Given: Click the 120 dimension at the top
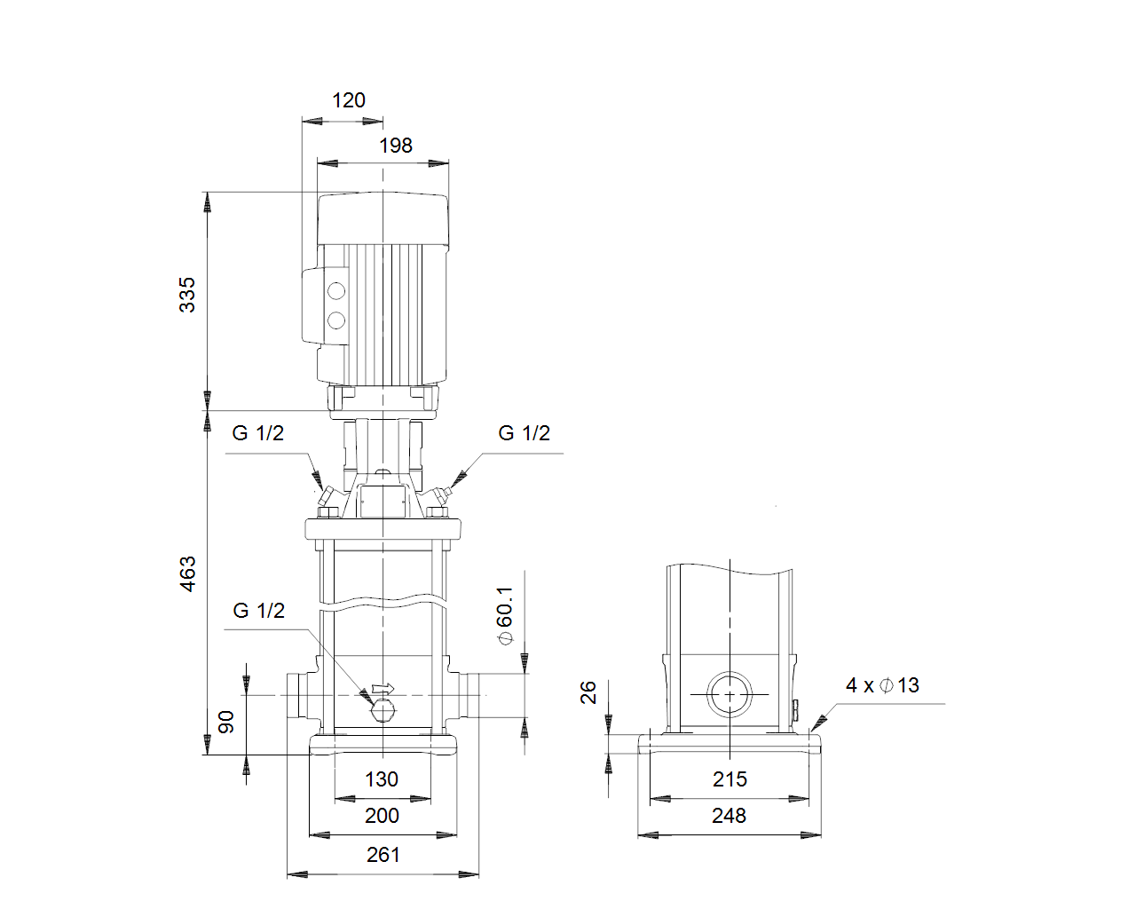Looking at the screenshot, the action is point(349,99).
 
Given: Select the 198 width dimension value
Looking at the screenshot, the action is point(396,146).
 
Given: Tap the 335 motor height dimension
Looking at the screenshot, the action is point(187,295).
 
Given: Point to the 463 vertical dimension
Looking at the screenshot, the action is point(187,573).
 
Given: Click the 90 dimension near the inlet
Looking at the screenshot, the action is point(226,722).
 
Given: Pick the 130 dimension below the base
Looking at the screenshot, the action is point(382,779).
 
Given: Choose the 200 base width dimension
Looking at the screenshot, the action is point(382,816).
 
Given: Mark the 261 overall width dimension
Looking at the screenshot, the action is point(383,855).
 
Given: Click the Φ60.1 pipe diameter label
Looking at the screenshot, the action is point(505,615).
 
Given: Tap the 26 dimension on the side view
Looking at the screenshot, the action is point(588,692).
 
